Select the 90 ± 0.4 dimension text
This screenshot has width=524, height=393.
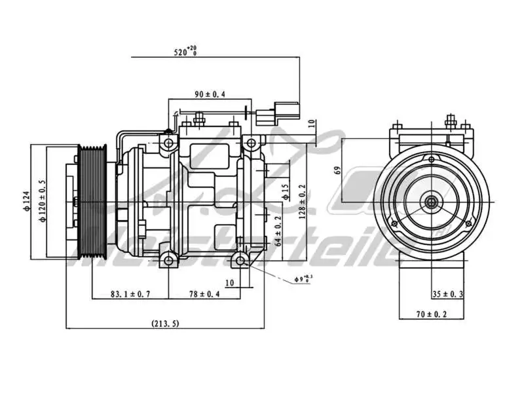(210, 94)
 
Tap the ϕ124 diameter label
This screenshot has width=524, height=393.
(27, 200)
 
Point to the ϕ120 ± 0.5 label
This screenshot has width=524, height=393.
(42, 200)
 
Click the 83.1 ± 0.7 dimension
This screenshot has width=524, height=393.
(130, 294)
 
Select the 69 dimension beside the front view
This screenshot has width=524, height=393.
(337, 170)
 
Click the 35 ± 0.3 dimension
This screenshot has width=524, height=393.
(447, 294)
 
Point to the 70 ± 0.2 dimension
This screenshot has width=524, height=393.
(431, 314)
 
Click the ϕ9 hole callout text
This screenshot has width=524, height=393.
(303, 280)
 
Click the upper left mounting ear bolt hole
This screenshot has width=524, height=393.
(169, 143)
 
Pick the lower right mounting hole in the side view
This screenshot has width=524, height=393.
(242, 261)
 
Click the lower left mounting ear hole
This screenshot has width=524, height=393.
(169, 261)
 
